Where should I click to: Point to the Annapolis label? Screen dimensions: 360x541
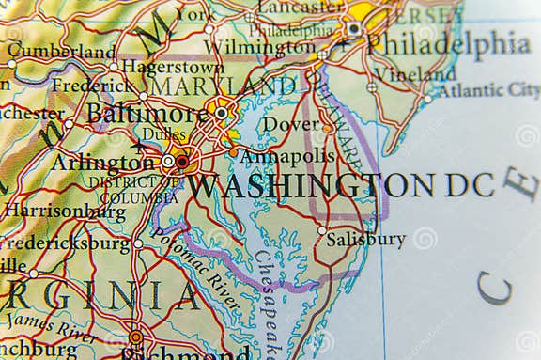tap(287, 156)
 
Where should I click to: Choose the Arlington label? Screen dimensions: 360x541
tap(102, 162)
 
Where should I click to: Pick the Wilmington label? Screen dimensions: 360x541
tap(259, 46)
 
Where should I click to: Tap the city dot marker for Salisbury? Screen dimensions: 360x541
tap(321, 230)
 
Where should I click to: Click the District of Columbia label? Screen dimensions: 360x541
tap(126, 190)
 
